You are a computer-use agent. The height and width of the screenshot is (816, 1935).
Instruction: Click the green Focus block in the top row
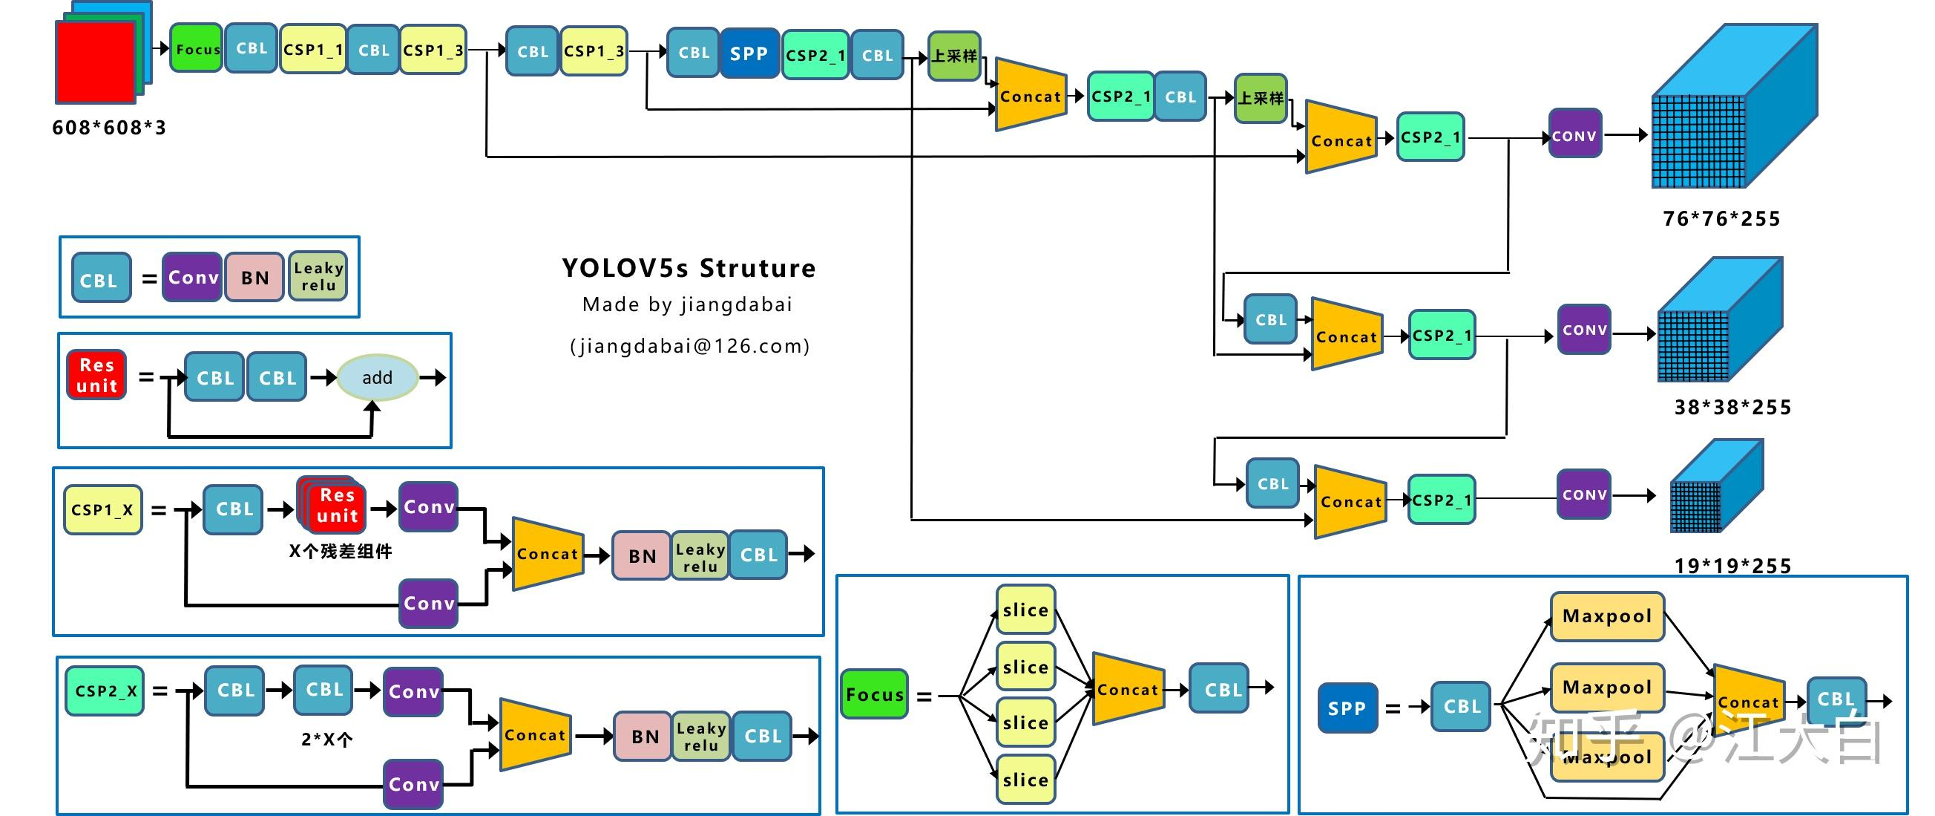click(196, 49)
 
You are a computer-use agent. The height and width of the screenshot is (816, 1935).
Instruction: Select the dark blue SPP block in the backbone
click(749, 54)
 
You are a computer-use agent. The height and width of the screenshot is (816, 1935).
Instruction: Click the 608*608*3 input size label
click(109, 128)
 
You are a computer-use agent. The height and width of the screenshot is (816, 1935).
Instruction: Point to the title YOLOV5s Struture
click(688, 268)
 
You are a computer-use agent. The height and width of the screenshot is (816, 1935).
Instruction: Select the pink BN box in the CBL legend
click(254, 277)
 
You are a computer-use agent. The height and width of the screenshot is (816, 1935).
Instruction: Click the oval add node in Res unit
click(376, 377)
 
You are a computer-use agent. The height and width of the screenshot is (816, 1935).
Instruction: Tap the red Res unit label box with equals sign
click(96, 375)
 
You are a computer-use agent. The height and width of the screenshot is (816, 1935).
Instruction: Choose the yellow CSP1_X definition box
click(102, 509)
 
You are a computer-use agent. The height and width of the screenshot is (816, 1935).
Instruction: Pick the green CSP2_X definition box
click(105, 691)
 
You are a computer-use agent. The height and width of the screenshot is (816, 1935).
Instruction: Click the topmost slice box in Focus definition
click(1025, 610)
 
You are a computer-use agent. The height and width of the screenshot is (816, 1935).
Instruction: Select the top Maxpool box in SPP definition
click(1607, 616)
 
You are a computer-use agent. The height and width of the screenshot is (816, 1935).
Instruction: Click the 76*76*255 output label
click(1721, 218)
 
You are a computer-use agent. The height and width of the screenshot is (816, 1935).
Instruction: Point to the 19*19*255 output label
click(1732, 566)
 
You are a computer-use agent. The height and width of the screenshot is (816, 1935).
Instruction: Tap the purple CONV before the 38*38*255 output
click(1584, 330)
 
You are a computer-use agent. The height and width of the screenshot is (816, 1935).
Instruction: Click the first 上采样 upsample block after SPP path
click(954, 56)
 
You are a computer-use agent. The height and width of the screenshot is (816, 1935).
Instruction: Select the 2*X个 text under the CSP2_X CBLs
click(326, 740)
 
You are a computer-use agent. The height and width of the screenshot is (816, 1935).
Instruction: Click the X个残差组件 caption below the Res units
click(341, 552)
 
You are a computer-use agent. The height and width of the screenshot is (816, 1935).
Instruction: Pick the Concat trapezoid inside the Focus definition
click(1127, 689)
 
